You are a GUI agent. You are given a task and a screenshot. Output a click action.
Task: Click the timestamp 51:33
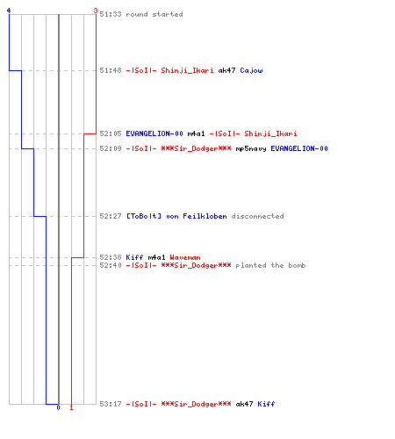111,14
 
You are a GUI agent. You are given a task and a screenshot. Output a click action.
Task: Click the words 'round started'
154,14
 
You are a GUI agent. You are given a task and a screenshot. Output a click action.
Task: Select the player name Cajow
251,70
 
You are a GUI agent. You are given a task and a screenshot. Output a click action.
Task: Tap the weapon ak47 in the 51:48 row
226,70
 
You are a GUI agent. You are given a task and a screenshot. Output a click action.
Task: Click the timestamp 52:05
111,133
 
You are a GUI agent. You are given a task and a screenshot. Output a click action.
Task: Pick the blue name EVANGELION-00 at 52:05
154,133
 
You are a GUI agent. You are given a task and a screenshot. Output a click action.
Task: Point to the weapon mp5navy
251,149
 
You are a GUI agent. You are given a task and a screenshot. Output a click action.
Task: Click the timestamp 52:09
111,148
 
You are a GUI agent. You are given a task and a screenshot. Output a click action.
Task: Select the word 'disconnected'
257,216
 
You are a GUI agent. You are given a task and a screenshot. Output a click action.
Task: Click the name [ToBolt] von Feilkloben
176,216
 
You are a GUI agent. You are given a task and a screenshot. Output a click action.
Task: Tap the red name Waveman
185,257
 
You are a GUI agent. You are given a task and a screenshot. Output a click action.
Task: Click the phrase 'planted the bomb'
270,265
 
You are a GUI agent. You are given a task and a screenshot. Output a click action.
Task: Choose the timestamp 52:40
111,265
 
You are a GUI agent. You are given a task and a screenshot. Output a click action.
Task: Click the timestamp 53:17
111,404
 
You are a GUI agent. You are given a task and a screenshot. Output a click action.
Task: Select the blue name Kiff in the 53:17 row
266,404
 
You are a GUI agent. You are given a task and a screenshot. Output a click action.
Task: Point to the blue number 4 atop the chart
9,11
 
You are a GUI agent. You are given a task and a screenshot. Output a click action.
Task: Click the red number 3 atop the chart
96,11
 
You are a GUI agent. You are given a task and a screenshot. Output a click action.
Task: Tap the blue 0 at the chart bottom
58,407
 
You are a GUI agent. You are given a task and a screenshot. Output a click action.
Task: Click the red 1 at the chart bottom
71,407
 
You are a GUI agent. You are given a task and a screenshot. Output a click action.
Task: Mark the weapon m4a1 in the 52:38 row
156,257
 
